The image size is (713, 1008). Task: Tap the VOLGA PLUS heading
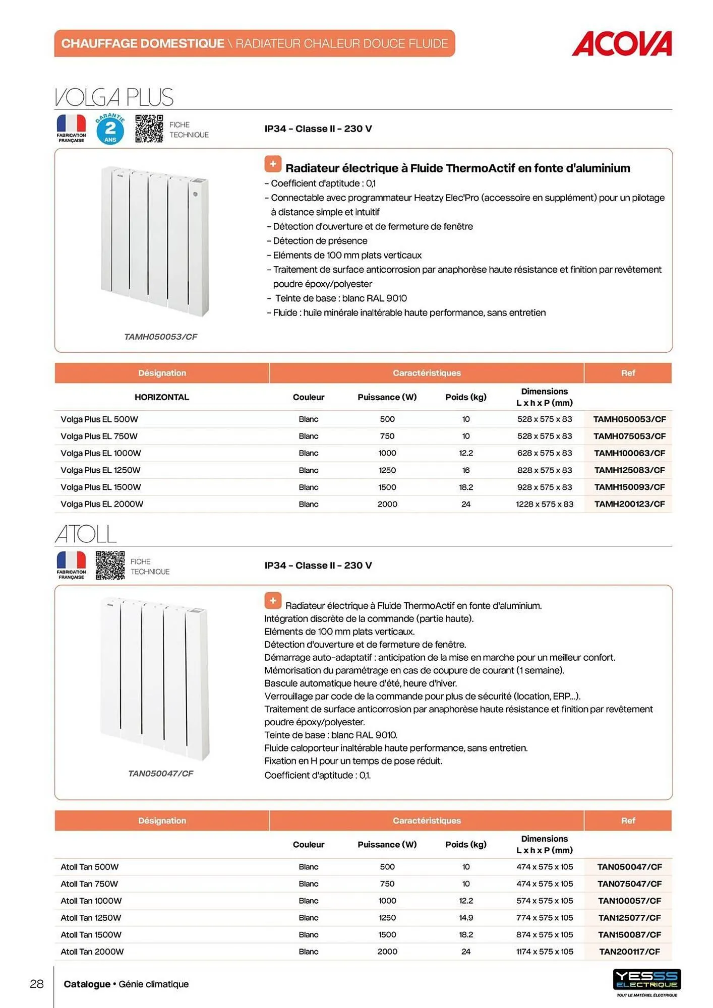[x=114, y=97]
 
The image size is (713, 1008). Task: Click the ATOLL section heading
[x=86, y=534]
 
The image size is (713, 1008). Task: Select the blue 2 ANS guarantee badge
[x=110, y=129]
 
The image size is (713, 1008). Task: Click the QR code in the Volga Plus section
[x=149, y=129]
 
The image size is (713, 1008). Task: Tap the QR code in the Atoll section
[x=110, y=565]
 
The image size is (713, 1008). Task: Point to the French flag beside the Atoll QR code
[x=71, y=561]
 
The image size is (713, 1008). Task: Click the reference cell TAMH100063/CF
[x=629, y=453]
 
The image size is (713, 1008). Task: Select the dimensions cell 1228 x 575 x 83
[x=545, y=504]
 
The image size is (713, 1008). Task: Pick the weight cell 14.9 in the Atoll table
[x=466, y=918]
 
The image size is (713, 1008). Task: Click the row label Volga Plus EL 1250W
[x=100, y=470]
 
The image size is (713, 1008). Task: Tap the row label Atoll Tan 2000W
[x=92, y=952]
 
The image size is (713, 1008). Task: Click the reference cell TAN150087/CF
[x=629, y=934]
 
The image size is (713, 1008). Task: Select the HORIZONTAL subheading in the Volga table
[x=161, y=397]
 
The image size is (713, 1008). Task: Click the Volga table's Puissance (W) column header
[x=387, y=397]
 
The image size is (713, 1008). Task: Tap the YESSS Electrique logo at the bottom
[x=646, y=980]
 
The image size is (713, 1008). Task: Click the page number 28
[x=37, y=984]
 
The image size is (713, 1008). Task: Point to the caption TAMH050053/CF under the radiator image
[x=160, y=337]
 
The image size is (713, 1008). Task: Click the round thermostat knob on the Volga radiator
[x=195, y=194]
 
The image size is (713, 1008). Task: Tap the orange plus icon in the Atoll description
[x=273, y=600]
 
